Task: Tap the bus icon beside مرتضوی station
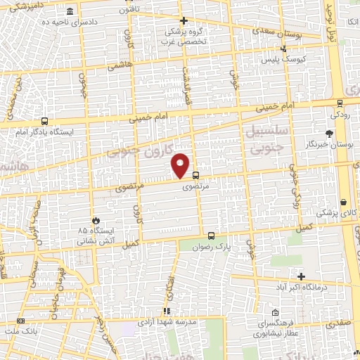click(x=195, y=175)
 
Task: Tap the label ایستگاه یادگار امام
click(x=45, y=131)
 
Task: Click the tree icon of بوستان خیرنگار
click(x=329, y=133)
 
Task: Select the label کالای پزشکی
click(x=337, y=212)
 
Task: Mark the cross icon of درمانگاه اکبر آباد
click(x=302, y=277)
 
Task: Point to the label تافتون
click(x=125, y=9)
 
